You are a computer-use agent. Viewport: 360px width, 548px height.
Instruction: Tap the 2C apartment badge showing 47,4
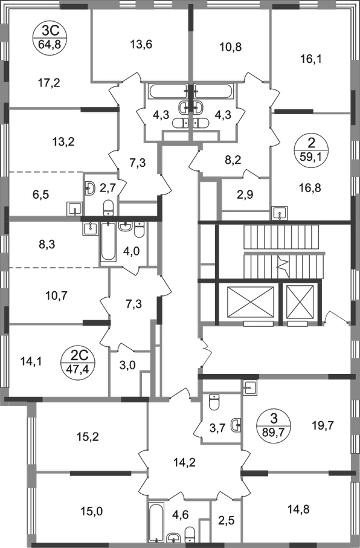pos(79,363)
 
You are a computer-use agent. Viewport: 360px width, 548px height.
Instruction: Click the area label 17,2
pos(48,83)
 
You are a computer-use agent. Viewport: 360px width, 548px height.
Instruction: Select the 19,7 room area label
pos(322,426)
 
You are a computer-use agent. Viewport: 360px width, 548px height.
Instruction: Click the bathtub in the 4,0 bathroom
pos(108,241)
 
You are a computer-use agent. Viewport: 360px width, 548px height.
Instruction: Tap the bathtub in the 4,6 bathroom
pos(155,523)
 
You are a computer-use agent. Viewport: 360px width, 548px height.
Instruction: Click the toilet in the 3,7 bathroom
pos(214,401)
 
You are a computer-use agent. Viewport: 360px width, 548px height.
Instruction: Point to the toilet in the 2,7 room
pos(108,207)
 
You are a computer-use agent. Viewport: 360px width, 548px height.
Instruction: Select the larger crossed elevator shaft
pos(250,301)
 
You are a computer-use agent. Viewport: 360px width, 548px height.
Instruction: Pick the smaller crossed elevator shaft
pos(301,301)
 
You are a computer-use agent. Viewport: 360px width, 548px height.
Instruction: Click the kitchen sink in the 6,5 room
pos(74,209)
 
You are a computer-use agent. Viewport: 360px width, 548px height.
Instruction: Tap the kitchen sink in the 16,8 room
pos(280,213)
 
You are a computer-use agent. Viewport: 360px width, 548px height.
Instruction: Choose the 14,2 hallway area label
pos(184,462)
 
